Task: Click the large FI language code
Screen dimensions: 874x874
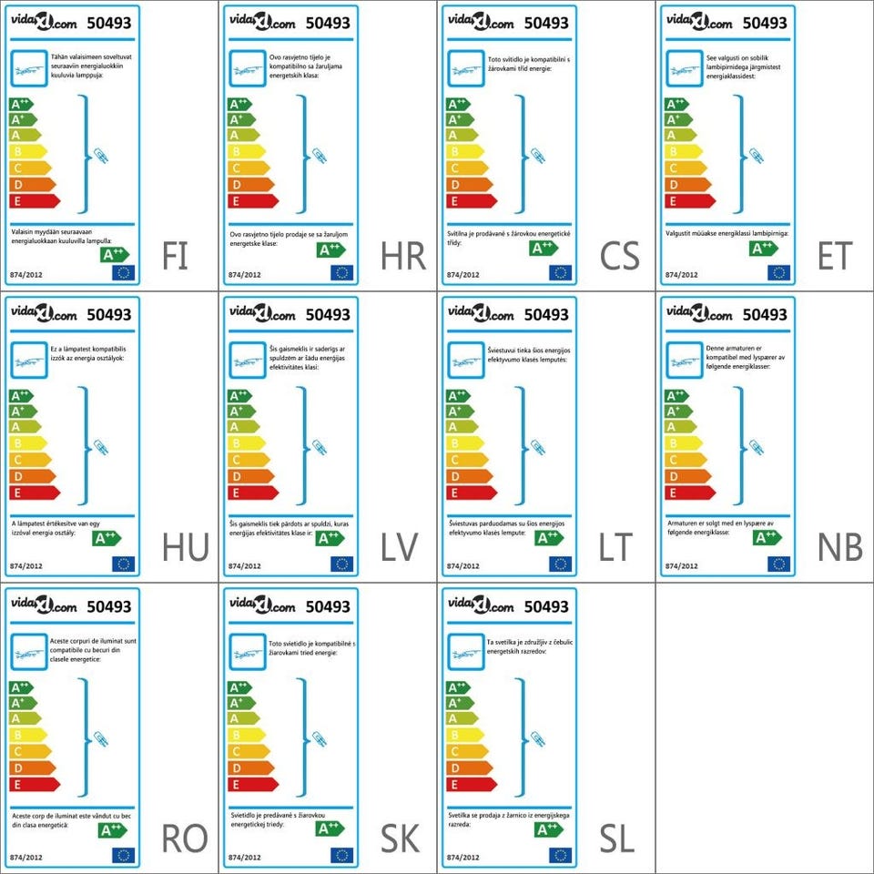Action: pyautogui.click(x=175, y=257)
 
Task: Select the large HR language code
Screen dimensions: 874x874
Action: pyautogui.click(x=403, y=257)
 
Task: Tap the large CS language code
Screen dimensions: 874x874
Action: pyautogui.click(x=619, y=257)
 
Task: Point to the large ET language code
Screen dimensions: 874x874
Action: pyautogui.click(x=835, y=257)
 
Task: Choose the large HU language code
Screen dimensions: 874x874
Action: pyautogui.click(x=185, y=548)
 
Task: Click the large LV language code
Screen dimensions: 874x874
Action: pyautogui.click(x=399, y=548)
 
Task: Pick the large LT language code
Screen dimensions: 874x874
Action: pyautogui.click(x=616, y=548)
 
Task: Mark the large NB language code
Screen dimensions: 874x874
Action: pyautogui.click(x=839, y=548)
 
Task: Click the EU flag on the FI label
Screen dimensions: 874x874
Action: pyautogui.click(x=123, y=272)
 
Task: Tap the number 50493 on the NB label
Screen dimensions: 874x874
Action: pyautogui.click(x=765, y=315)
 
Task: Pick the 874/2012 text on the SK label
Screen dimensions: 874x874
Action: pyautogui.click(x=245, y=857)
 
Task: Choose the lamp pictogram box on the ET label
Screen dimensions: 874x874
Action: pyautogui.click(x=684, y=68)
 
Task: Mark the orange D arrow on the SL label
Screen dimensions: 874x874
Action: pyautogui.click(x=468, y=767)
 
